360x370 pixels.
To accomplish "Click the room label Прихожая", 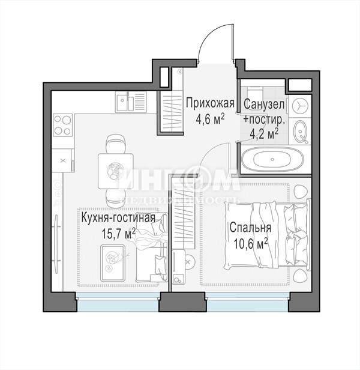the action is pos(210,103).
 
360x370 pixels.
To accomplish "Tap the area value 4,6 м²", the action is pos(209,120).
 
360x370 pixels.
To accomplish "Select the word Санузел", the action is pos(264,105).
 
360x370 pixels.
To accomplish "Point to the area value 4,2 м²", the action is pos(264,134).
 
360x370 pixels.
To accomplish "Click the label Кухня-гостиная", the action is pos(118,218).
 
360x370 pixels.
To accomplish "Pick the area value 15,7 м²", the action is pos(119,234).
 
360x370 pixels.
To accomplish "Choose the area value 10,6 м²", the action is pos(251,244).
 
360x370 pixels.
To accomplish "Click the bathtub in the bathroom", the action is pos(272,159).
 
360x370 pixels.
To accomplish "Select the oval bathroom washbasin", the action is pos(300,132).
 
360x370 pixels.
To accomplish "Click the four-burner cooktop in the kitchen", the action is pos(62,125).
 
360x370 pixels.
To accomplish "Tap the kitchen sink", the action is pos(131,102).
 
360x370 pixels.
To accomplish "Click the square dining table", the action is pos(116,171).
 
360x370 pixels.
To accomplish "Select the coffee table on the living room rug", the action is pos(113,263).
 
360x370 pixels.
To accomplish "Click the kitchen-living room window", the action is pos(118,302).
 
